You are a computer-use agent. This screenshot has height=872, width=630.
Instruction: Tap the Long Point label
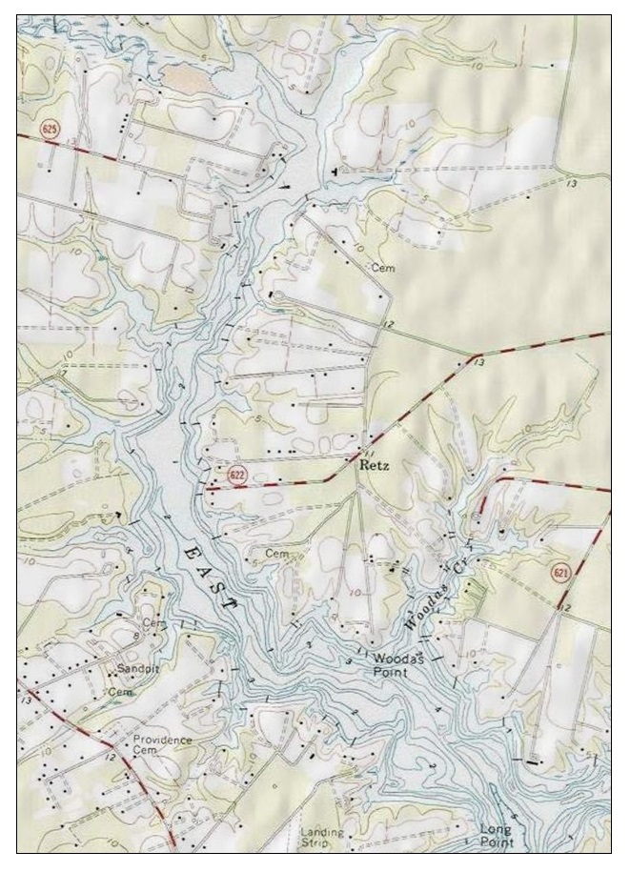point(496,836)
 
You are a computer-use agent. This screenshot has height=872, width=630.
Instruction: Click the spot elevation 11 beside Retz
point(369,454)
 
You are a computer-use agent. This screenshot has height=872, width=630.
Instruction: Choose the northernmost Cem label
point(383,267)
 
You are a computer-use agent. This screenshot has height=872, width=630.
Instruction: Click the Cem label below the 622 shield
point(276,554)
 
